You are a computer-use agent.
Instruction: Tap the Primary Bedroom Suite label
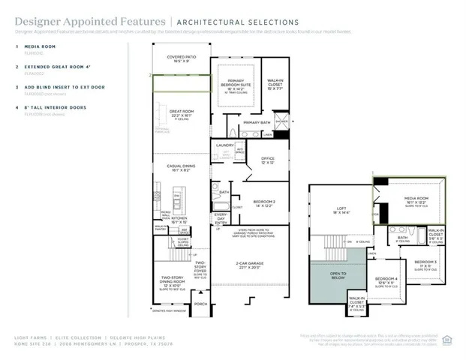236,84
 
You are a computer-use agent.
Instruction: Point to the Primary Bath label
256,122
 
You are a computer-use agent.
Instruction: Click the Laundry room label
225,145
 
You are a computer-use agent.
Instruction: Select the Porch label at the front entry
200,304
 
